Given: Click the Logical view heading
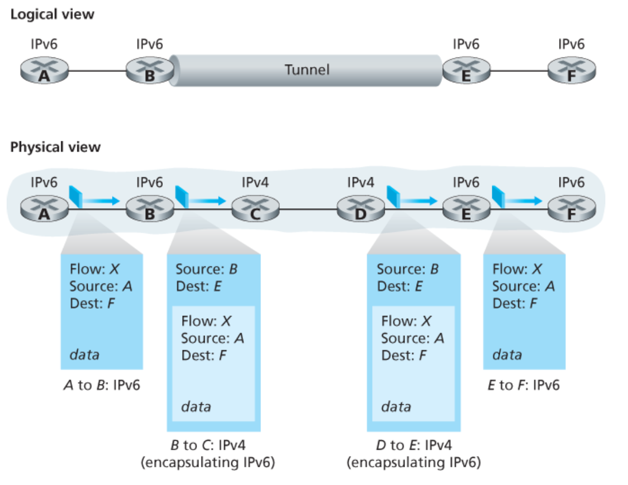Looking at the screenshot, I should (x=52, y=15).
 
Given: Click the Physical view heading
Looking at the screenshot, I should (x=56, y=147).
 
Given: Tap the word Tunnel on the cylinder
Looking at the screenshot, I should (x=307, y=70).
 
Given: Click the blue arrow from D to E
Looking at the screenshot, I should (x=418, y=201).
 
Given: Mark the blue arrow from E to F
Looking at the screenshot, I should (x=524, y=201).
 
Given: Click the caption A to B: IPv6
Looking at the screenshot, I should (x=102, y=385).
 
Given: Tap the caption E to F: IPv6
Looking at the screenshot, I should (x=524, y=385).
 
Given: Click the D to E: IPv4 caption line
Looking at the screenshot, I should (x=413, y=445).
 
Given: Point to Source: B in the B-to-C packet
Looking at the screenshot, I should (x=207, y=270).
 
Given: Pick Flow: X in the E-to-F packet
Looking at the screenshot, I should (x=517, y=269).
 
